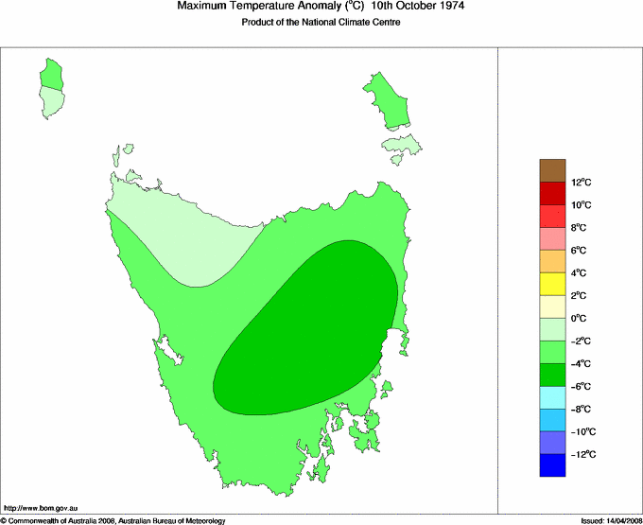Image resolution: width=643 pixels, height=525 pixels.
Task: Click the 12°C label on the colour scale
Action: point(581,183)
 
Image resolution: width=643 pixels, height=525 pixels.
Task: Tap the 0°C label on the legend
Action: point(580,319)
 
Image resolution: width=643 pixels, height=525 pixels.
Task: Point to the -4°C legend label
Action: point(581,364)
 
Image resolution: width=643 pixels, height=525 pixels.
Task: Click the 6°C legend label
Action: point(580,251)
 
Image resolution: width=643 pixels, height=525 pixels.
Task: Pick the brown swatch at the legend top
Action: point(553,170)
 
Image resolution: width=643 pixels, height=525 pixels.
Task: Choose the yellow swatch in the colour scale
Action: point(553,284)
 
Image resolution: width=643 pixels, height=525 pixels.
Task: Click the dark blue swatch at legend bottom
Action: point(553,465)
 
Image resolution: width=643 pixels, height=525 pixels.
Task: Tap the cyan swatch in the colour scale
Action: point(553,397)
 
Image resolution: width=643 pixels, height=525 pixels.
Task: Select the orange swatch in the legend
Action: point(553,261)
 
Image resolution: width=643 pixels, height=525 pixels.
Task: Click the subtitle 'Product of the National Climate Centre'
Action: point(321,23)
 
